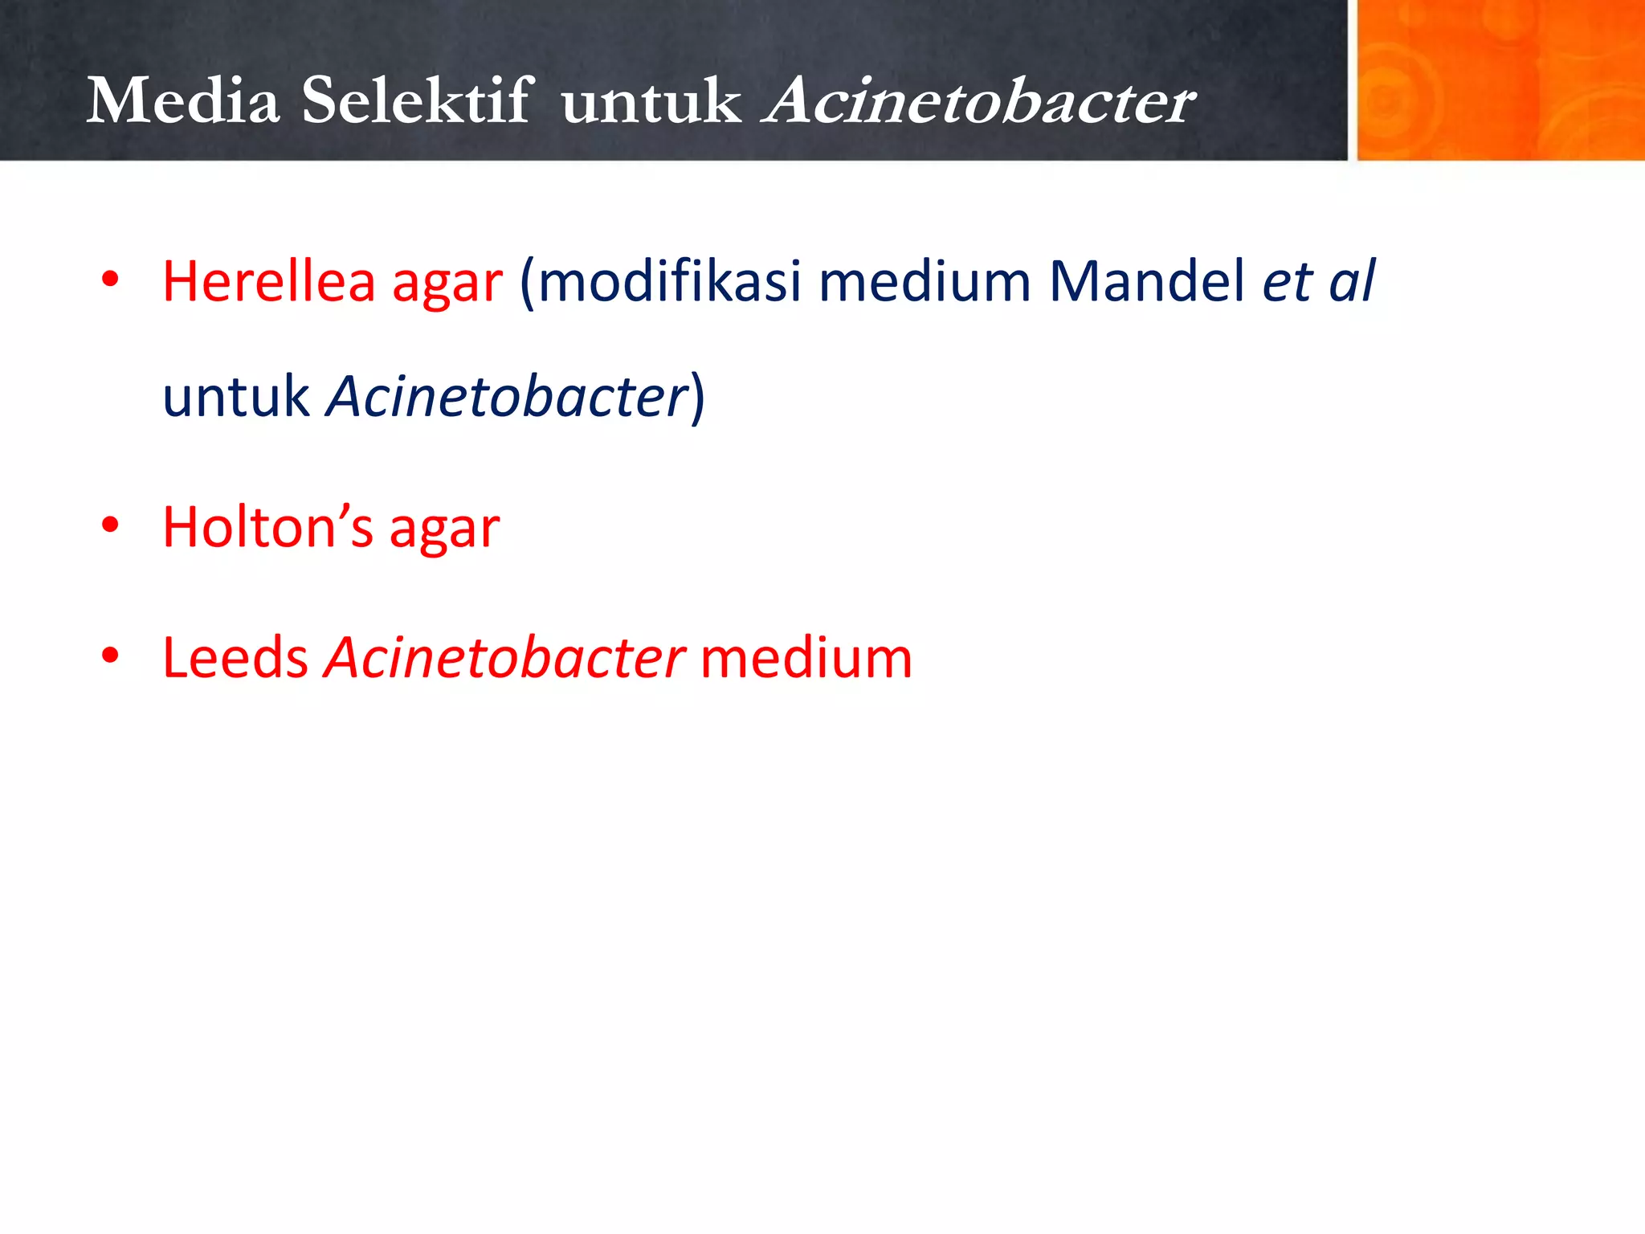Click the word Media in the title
(183, 101)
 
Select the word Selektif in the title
(417, 101)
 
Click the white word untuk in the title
(651, 103)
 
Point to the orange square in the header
(1500, 80)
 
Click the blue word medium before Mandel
(925, 282)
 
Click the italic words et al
(1318, 282)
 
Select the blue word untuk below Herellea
(236, 397)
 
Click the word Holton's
(268, 528)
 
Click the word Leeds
(235, 658)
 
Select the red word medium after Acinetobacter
(806, 658)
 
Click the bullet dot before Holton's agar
(110, 526)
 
